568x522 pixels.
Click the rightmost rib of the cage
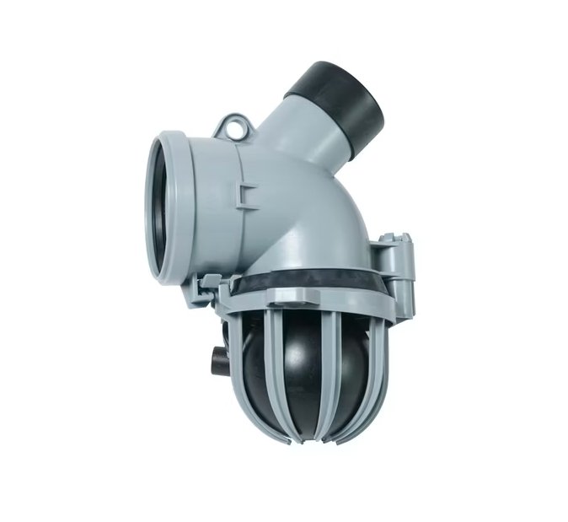tap(377, 354)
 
